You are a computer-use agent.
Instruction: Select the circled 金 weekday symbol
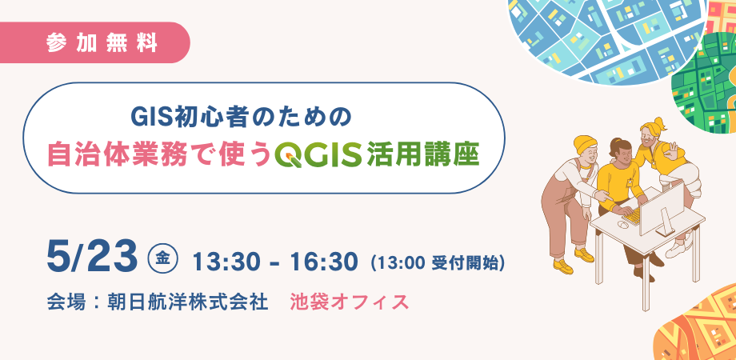tap(162, 258)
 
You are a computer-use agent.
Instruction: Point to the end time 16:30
tap(318, 259)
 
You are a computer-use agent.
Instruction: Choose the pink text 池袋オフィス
tap(350, 302)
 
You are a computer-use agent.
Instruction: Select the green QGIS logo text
tap(316, 154)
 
